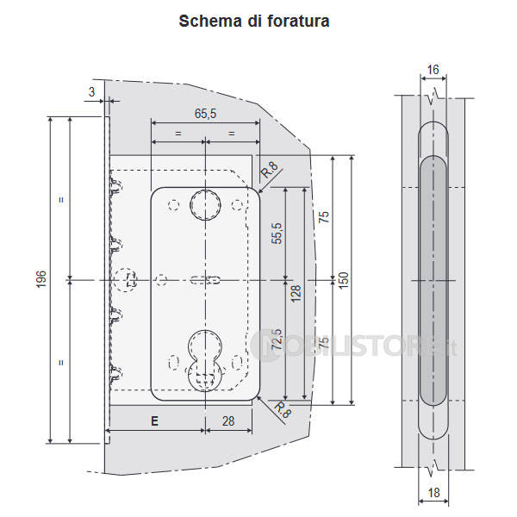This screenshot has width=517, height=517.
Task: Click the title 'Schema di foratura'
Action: pyautogui.click(x=253, y=22)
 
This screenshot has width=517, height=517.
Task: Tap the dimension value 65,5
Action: pyautogui.click(x=205, y=113)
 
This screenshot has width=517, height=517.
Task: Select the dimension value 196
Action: pyautogui.click(x=40, y=280)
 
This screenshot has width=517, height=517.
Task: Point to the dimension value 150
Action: pyautogui.click(x=343, y=280)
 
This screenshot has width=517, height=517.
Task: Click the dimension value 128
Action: pyautogui.click(x=296, y=293)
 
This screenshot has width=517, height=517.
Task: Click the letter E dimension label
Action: pyautogui.click(x=154, y=421)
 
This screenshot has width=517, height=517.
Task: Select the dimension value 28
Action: pyautogui.click(x=229, y=421)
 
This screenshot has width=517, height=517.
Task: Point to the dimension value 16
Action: pyautogui.click(x=433, y=71)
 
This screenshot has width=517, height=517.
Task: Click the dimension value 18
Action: pyautogui.click(x=433, y=494)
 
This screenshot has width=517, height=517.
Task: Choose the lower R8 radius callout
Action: pyautogui.click(x=280, y=409)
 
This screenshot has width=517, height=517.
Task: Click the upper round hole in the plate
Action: pyautogui.click(x=205, y=203)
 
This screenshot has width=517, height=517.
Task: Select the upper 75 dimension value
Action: pyautogui.click(x=323, y=217)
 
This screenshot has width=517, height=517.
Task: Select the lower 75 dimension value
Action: pyautogui.click(x=323, y=343)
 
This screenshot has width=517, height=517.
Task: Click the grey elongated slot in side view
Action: pyautogui.click(x=433, y=280)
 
